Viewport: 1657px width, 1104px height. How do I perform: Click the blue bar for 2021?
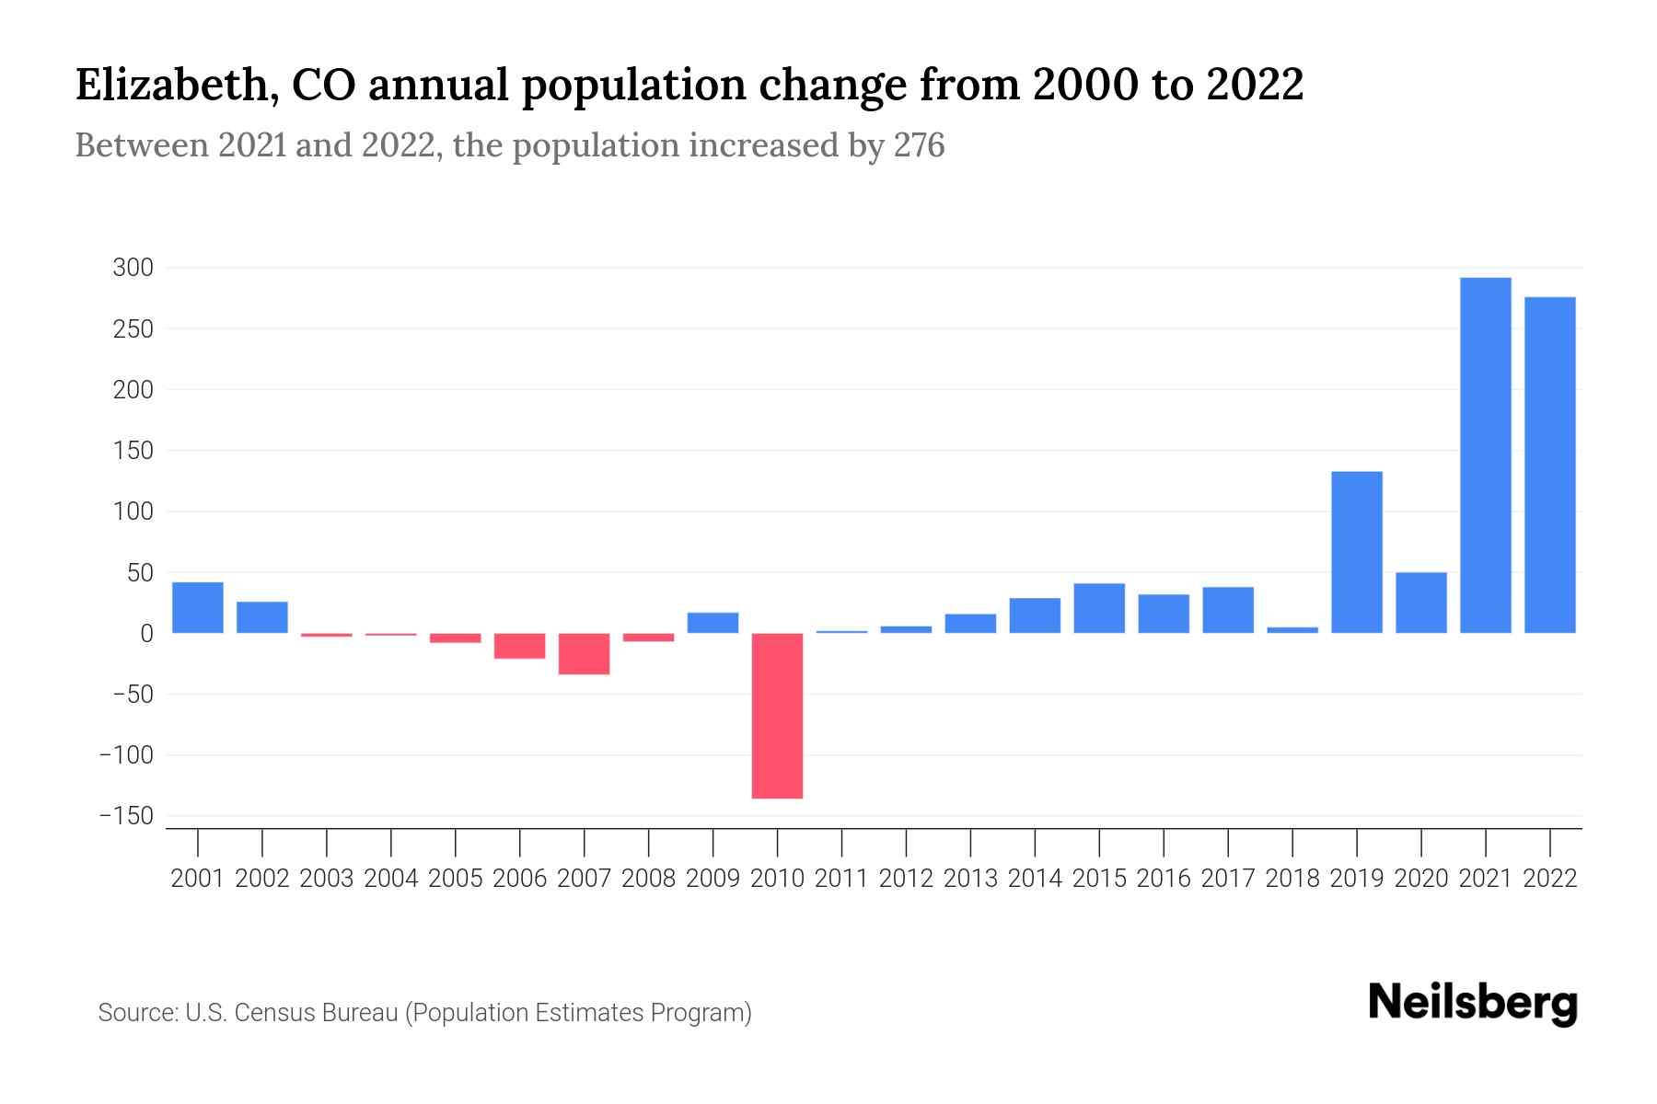(x=1485, y=455)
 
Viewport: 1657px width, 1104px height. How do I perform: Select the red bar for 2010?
(x=777, y=715)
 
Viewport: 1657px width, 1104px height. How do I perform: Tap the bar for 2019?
(x=1357, y=552)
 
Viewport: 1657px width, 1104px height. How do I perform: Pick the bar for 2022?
(x=1549, y=465)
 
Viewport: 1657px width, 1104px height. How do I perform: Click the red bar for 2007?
(x=584, y=653)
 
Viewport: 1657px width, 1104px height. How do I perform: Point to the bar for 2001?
(x=198, y=607)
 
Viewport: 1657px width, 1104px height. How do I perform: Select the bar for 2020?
(x=1421, y=603)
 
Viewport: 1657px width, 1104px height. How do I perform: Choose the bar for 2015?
(x=1099, y=608)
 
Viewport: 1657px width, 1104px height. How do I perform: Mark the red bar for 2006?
(x=519, y=646)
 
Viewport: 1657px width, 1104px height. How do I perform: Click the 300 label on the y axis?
(x=133, y=268)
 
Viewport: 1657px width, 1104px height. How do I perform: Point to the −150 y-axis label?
(x=127, y=816)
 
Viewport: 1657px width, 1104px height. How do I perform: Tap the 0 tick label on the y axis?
(x=146, y=634)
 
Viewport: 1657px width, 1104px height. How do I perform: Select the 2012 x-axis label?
(x=906, y=879)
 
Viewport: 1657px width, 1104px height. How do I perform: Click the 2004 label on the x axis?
(x=391, y=879)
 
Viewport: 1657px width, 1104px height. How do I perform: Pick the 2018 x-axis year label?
(x=1292, y=879)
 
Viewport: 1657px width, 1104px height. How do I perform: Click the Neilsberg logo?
(x=1473, y=1003)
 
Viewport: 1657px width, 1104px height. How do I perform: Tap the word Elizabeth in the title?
(x=175, y=86)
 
